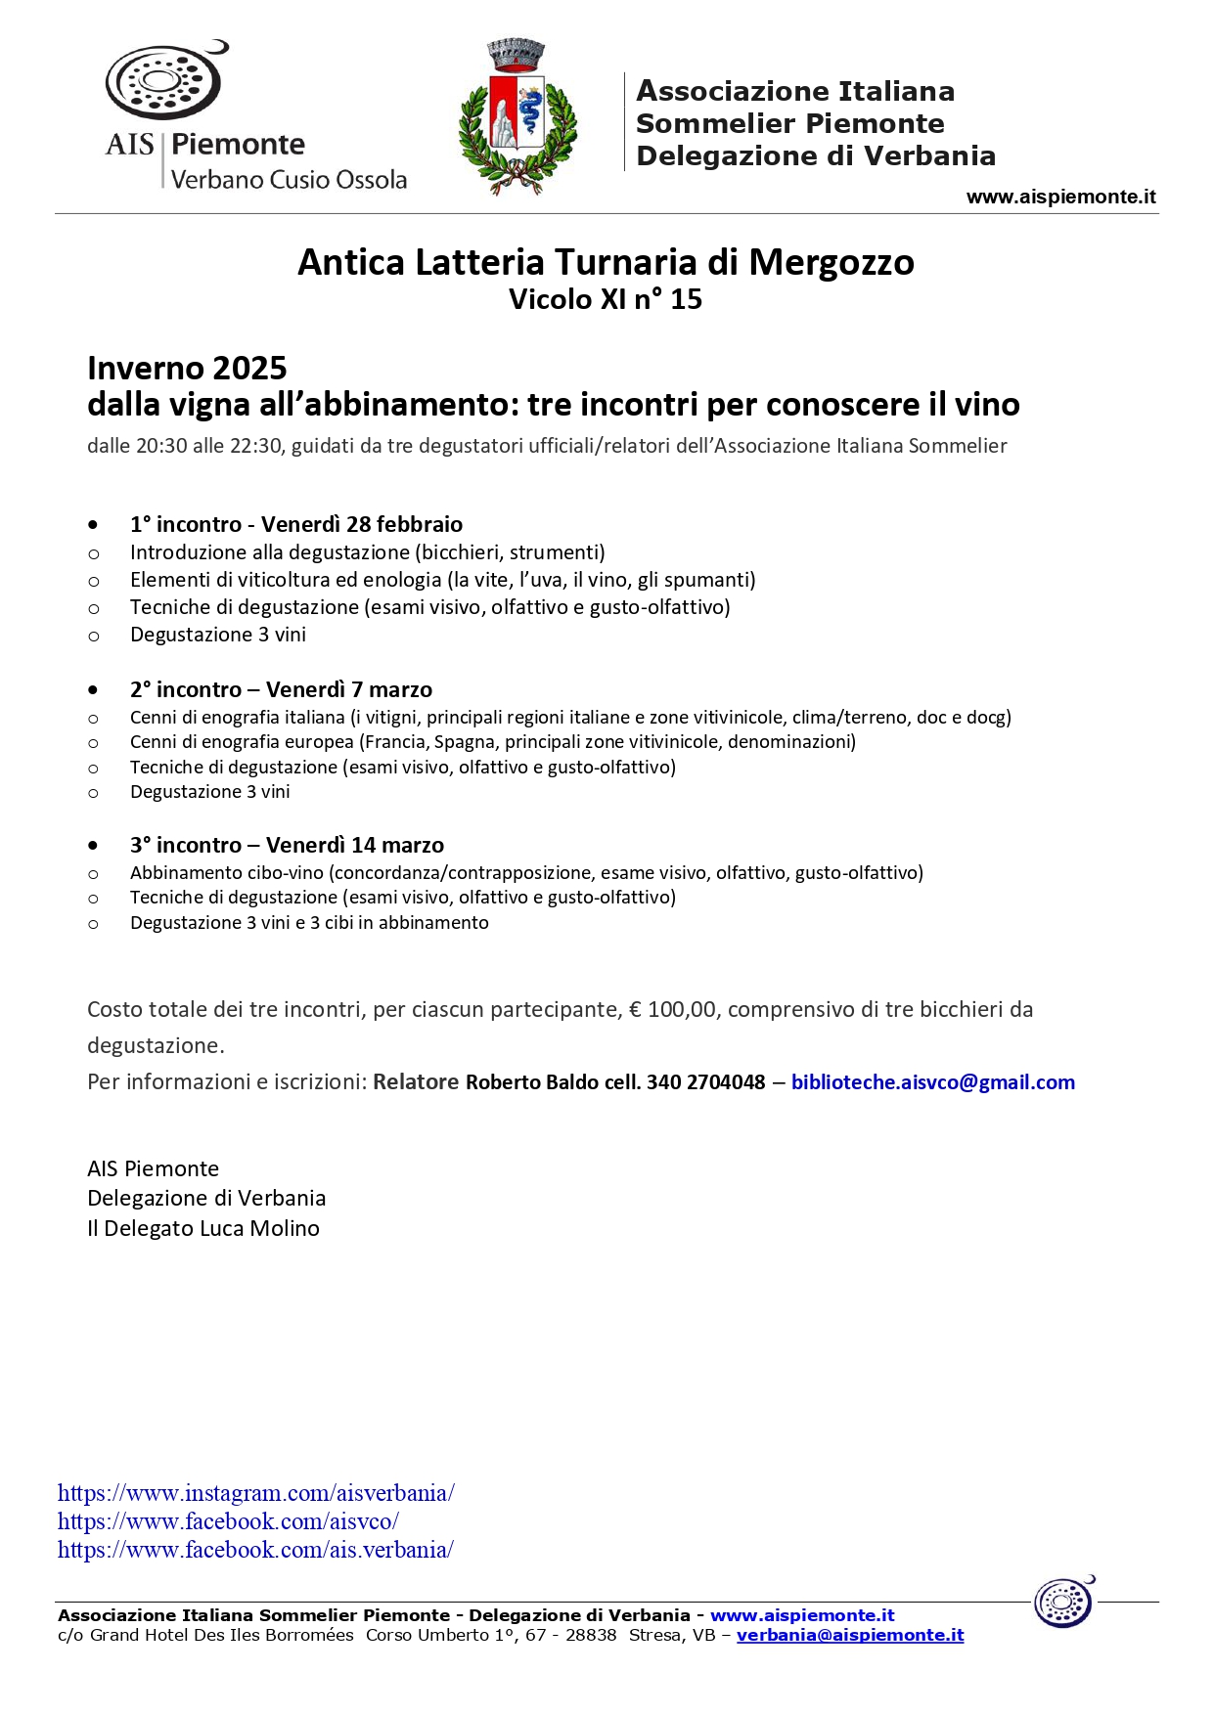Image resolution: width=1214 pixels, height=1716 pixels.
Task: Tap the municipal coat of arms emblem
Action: coord(517,117)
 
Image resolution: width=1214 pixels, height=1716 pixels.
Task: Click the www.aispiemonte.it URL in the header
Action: coord(1060,197)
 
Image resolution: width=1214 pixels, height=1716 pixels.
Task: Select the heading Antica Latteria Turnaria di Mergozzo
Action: coord(606,262)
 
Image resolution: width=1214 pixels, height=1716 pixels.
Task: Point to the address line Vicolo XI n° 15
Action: coord(606,299)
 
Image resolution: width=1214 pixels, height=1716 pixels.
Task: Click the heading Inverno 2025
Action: coord(187,369)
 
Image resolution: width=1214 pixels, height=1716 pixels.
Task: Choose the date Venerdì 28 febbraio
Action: coord(362,525)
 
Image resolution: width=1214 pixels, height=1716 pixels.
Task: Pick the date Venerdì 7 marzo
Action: coord(349,690)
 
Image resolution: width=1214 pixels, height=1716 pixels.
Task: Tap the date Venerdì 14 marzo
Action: coord(355,846)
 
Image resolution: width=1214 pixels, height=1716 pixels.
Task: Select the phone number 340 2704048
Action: coord(706,1082)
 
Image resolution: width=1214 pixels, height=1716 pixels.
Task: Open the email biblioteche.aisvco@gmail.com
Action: coord(932,1082)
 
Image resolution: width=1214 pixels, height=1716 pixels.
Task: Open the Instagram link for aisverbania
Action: coord(256,1493)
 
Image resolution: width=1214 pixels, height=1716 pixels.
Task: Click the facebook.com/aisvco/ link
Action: coord(228,1521)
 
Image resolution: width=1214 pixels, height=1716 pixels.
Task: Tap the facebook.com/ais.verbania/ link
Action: coord(255,1550)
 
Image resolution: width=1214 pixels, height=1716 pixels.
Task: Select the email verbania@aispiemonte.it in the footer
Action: coord(850,1635)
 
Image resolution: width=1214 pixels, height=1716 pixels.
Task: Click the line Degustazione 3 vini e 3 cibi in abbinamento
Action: coord(309,923)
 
